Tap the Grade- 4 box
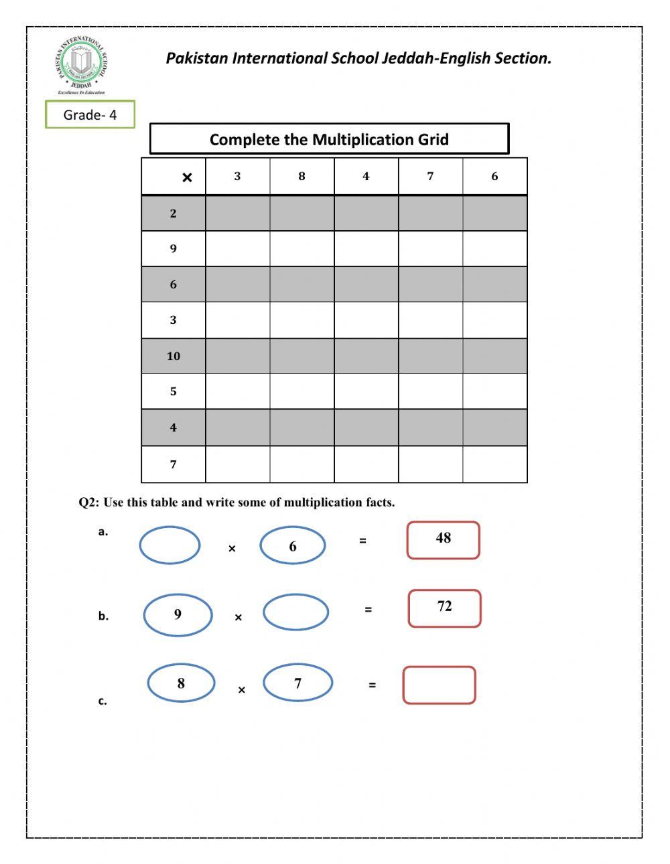90,114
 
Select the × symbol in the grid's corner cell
187,177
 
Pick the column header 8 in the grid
301,177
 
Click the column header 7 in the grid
430,177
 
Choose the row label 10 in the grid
174,356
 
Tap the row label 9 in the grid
174,249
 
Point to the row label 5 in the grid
174,392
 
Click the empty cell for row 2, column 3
238,213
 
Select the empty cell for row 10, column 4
366,356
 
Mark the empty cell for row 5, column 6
494,392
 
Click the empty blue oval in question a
170,545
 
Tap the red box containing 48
443,540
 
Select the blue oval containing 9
178,615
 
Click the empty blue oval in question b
295,612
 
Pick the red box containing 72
444,608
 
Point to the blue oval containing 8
181,683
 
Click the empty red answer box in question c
439,685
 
